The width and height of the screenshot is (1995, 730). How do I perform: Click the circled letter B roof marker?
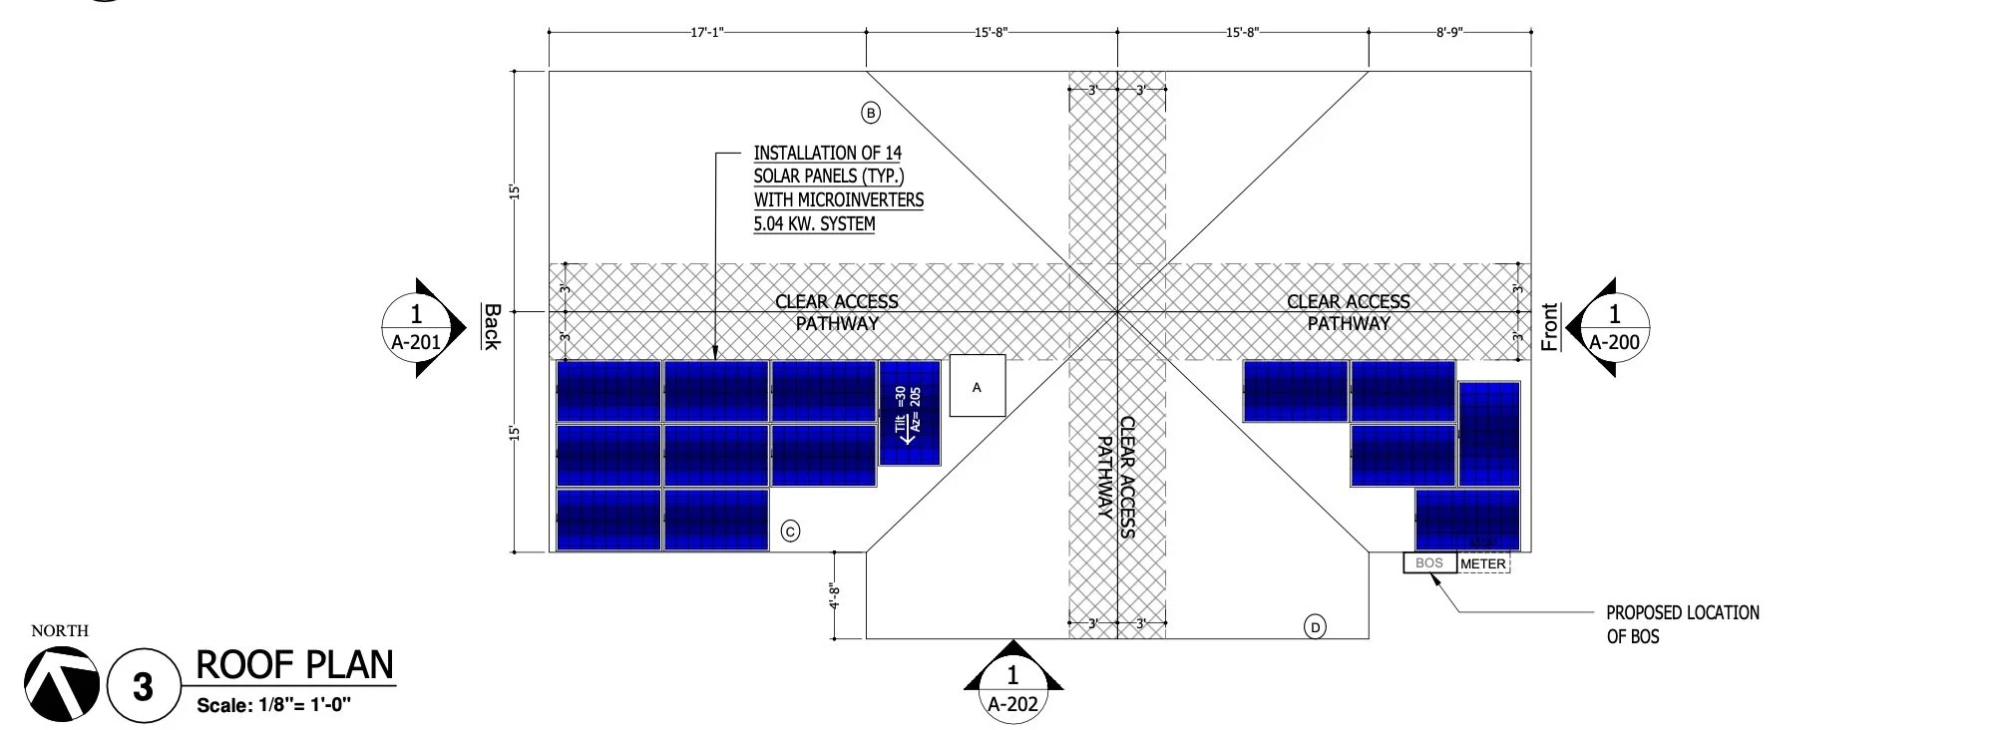tap(871, 113)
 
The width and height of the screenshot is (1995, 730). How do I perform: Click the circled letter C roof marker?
tap(790, 532)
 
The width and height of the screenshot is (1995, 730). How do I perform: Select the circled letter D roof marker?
tap(1316, 627)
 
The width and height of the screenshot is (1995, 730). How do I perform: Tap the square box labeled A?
tap(977, 387)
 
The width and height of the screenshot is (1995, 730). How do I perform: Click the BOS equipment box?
tap(1429, 562)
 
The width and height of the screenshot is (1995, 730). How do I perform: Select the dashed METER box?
tap(1483, 563)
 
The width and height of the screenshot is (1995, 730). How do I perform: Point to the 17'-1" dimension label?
tap(706, 32)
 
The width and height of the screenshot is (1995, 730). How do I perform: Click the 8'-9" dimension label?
tap(1449, 32)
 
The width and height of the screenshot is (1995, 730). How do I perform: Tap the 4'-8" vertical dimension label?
tap(835, 595)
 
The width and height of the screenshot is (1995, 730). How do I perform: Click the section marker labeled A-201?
tap(416, 327)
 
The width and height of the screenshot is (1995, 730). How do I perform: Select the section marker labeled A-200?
tap(1614, 327)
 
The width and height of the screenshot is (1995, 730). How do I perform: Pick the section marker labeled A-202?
tap(1013, 689)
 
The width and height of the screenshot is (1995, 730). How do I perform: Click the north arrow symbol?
tap(62, 683)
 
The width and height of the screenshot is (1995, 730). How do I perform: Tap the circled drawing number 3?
tap(143, 685)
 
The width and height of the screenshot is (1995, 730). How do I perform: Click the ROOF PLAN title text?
tap(295, 665)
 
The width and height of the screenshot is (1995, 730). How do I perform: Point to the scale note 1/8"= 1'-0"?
tap(274, 706)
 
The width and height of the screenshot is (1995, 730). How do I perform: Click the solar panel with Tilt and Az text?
tap(909, 413)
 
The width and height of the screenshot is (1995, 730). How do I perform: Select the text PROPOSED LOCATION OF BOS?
tap(1682, 624)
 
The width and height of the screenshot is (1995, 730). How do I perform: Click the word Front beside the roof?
tap(1549, 327)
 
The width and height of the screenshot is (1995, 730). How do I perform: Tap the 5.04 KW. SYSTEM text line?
tap(814, 223)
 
